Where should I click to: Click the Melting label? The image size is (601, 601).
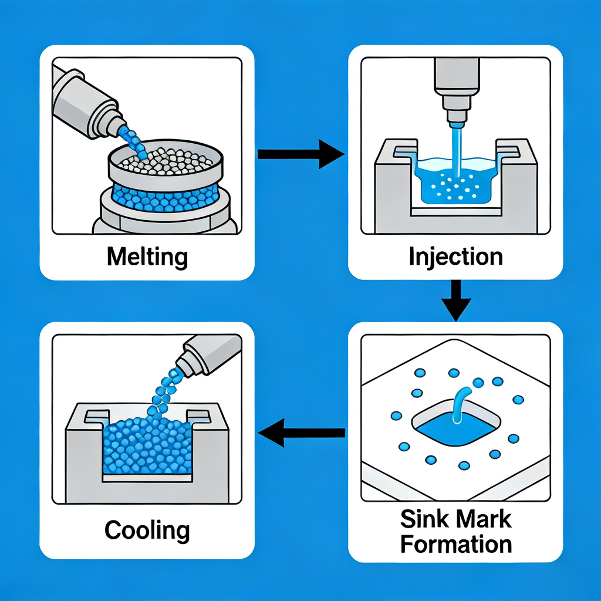pyautogui.click(x=147, y=256)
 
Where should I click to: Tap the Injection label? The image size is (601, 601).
pyautogui.click(x=455, y=256)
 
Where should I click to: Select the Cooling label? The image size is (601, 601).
pyautogui.click(x=147, y=530)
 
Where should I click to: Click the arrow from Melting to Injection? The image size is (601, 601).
pyautogui.click(x=300, y=154)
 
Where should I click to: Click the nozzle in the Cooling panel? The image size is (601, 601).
pyautogui.click(x=205, y=355)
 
